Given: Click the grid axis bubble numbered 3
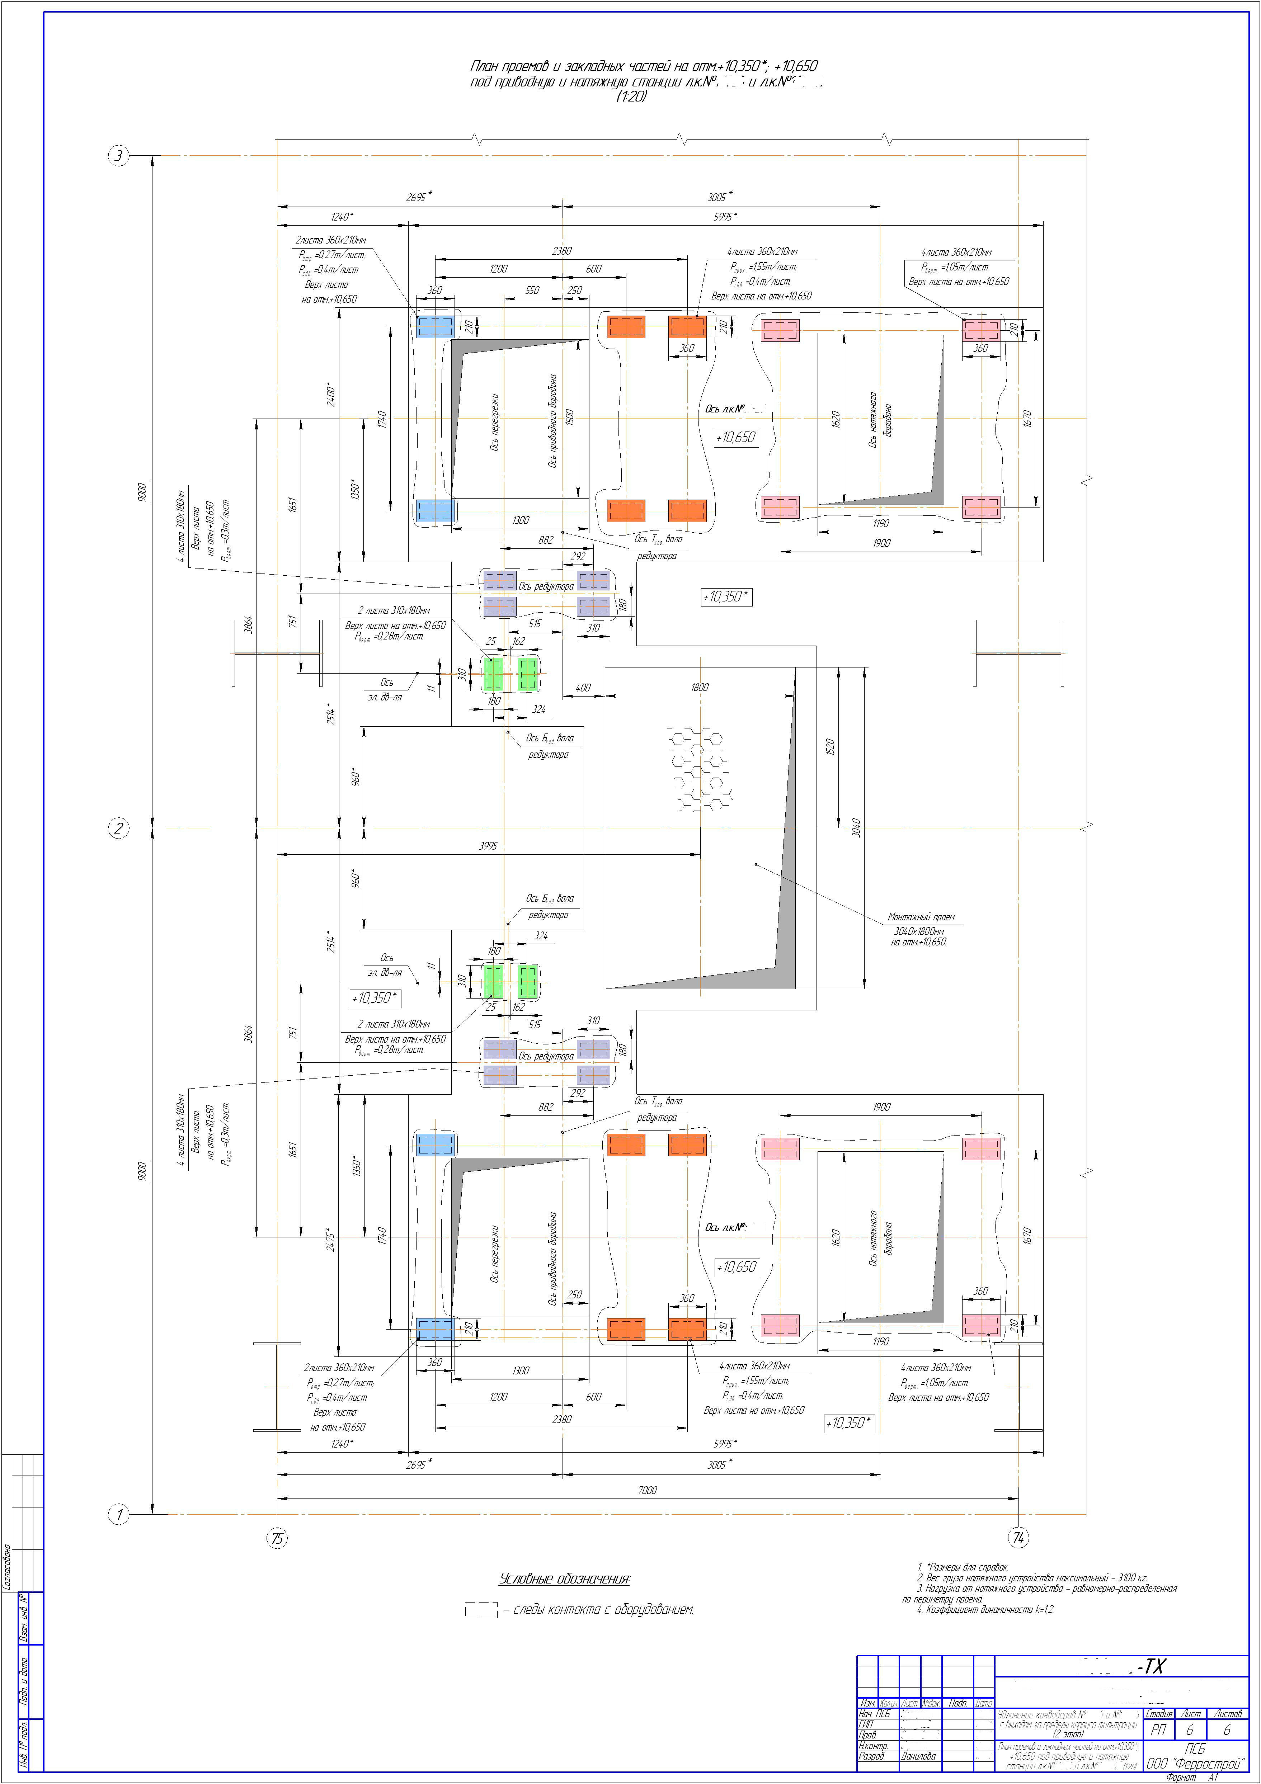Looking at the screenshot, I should coord(119,156).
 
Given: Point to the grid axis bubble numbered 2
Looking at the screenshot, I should coord(119,828).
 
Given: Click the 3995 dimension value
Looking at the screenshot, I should coord(488,845).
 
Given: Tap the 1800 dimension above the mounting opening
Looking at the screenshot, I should coord(698,687).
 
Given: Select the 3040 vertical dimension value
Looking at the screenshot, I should coord(855,827).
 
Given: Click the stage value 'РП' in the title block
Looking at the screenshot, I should coord(1158,1729).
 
